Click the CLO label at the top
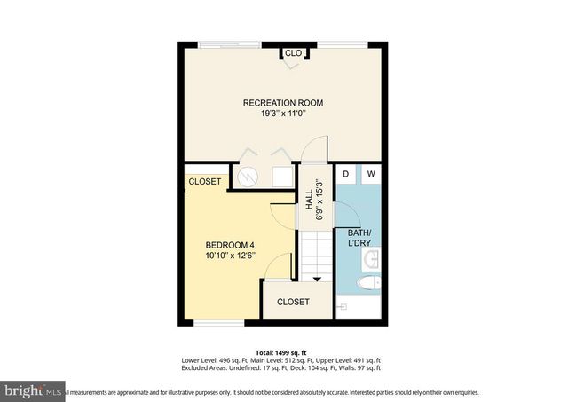(293, 53)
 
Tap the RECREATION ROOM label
(283, 103)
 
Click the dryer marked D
(346, 174)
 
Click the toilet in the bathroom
(368, 283)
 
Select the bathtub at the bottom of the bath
(359, 307)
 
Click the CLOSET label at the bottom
(293, 302)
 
